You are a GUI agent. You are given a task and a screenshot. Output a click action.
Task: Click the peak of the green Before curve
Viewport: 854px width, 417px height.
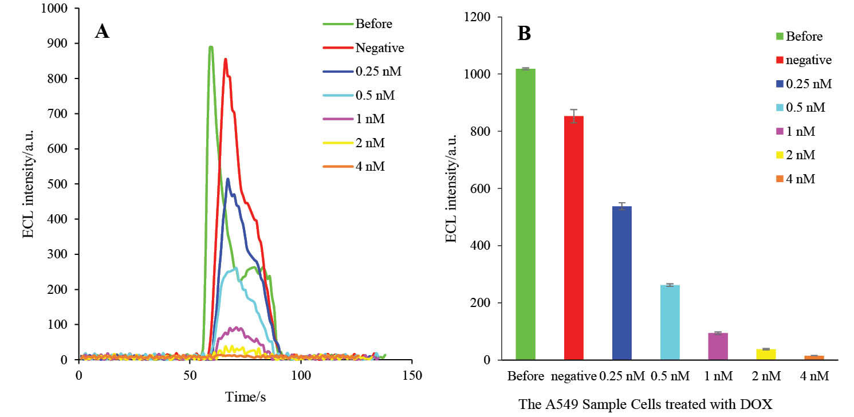click(x=211, y=47)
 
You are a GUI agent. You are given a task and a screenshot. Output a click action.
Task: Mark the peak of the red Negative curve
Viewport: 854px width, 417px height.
click(x=226, y=59)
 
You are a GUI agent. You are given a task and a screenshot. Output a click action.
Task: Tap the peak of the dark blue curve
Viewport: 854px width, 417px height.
click(x=228, y=179)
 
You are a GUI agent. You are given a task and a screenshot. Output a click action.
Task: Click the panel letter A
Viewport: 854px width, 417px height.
click(x=102, y=32)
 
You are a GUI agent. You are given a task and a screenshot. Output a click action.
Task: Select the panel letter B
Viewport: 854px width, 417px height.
click(x=524, y=34)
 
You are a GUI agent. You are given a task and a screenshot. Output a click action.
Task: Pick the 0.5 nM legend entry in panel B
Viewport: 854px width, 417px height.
click(x=806, y=108)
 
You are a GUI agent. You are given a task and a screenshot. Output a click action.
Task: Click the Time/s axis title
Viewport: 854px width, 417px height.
click(x=245, y=396)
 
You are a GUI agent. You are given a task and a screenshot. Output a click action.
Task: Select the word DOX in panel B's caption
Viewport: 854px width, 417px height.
click(x=759, y=404)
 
